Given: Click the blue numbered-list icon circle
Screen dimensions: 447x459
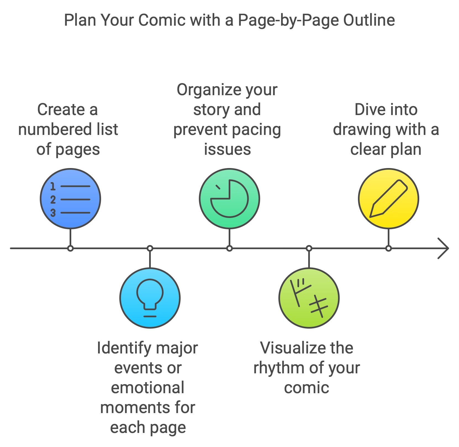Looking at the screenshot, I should click(x=70, y=199).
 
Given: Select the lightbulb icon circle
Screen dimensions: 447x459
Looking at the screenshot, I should click(x=150, y=298).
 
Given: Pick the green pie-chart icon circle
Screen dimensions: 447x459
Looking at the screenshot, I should click(x=229, y=199).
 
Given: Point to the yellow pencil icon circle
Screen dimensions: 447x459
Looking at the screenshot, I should click(x=389, y=199).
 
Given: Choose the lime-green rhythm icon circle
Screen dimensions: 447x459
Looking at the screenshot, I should click(x=309, y=298).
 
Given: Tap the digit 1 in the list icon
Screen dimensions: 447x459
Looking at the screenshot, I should click(x=53, y=187).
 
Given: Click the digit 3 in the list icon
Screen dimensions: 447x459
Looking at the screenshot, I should click(x=53, y=213).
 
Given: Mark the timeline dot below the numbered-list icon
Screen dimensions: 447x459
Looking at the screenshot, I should click(x=70, y=248).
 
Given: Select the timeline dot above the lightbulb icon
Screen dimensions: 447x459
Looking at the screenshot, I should click(x=150, y=248).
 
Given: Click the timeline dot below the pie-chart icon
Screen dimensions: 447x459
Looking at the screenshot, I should click(x=229, y=248).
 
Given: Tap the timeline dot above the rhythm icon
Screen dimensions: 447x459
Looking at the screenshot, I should click(x=309, y=248).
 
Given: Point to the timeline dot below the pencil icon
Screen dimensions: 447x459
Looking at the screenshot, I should click(x=389, y=248).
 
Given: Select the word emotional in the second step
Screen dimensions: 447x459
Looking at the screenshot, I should click(x=147, y=388).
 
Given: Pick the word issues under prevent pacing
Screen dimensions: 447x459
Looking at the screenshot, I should click(x=227, y=149).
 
